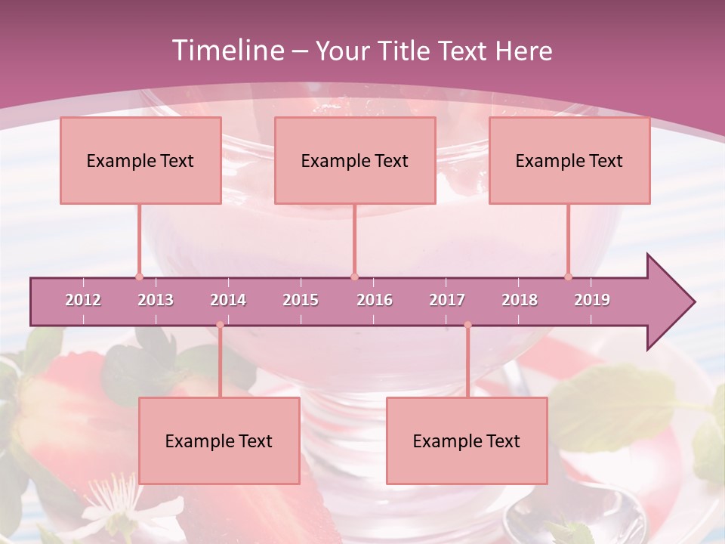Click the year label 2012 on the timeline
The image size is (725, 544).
click(x=83, y=300)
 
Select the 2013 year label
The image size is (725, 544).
click(x=156, y=300)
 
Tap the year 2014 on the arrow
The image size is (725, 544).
click(x=228, y=300)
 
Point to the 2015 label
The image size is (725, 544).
click(x=301, y=300)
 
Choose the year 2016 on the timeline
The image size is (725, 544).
click(x=375, y=300)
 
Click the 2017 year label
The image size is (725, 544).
click(x=447, y=300)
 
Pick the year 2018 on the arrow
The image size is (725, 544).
click(x=520, y=300)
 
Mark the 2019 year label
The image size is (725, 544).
click(x=592, y=300)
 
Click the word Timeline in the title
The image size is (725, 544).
click(x=226, y=51)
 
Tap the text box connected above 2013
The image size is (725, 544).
click(x=140, y=160)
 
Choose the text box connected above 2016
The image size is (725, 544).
click(x=355, y=160)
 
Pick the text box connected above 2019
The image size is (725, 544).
click(x=569, y=160)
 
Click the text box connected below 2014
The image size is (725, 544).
click(x=219, y=440)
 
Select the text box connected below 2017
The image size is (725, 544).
click(x=467, y=440)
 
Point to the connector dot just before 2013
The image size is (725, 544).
click(x=139, y=277)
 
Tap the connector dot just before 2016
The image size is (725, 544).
click(x=354, y=277)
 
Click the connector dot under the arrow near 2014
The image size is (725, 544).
click(x=220, y=325)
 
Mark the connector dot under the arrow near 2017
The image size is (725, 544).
click(x=467, y=325)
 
